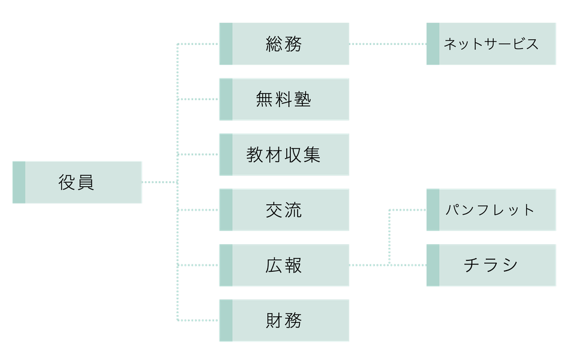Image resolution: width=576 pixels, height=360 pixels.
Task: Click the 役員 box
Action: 77,182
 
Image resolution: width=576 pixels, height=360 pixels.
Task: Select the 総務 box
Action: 284,44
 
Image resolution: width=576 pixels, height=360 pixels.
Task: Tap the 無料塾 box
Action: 284,99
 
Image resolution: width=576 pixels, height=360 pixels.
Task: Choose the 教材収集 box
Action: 284,155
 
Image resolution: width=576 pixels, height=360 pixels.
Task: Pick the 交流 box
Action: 284,210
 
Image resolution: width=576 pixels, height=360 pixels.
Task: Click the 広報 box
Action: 284,265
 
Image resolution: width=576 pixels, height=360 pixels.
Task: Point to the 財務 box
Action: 284,321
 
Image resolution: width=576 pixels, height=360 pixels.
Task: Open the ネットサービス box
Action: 491,44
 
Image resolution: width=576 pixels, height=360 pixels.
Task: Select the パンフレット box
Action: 491,210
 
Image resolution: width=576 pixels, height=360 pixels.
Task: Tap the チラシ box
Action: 491,265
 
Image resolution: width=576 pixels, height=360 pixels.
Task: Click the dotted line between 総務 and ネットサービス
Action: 388,44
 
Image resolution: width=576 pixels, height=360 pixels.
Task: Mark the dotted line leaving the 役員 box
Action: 159,182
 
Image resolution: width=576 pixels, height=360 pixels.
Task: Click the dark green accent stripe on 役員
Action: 19,182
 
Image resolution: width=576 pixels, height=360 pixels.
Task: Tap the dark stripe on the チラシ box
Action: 432,265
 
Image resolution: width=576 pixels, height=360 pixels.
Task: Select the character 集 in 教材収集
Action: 311,155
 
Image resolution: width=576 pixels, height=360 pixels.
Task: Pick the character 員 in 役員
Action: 86,182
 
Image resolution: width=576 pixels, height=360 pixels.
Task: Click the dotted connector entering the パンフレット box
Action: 408,210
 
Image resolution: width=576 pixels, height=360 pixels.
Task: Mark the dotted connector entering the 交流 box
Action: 198,210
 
